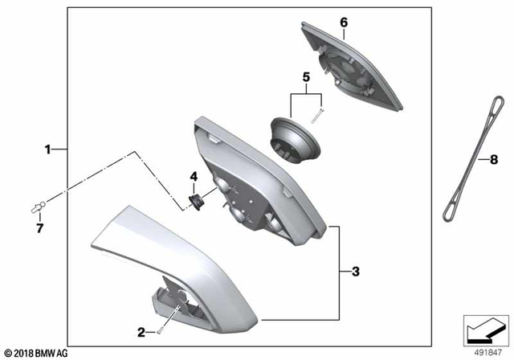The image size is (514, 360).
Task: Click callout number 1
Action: (x=48, y=149)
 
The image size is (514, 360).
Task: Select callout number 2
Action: (x=141, y=331)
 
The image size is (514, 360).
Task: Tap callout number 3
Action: (x=355, y=272)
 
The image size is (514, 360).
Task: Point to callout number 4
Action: (x=193, y=177)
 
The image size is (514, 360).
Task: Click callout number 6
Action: (x=343, y=22)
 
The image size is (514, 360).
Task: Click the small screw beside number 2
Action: (x=161, y=329)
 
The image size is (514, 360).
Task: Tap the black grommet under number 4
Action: (x=194, y=198)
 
